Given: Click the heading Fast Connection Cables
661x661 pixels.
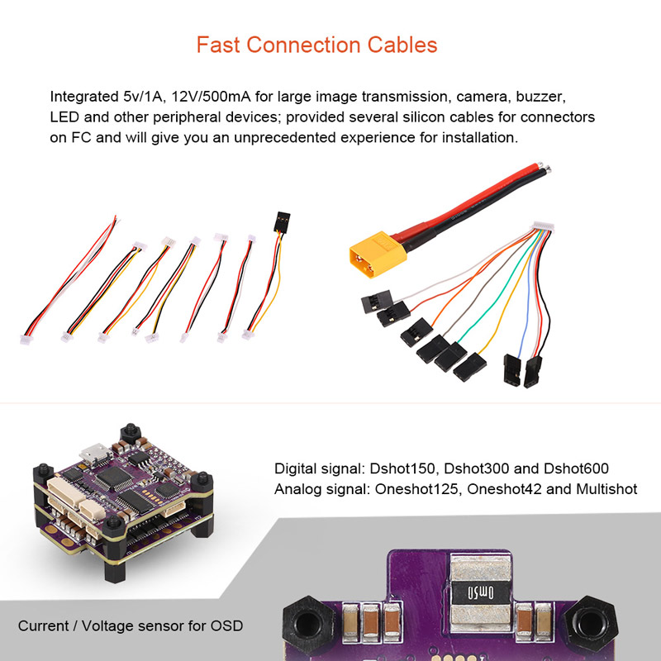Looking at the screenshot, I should pyautogui.click(x=316, y=44).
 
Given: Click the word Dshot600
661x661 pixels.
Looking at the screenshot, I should pyautogui.click(x=573, y=468).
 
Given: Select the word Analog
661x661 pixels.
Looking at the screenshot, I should pyautogui.click(x=297, y=488).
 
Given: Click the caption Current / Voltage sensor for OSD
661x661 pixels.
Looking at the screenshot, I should pyautogui.click(x=131, y=625).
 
